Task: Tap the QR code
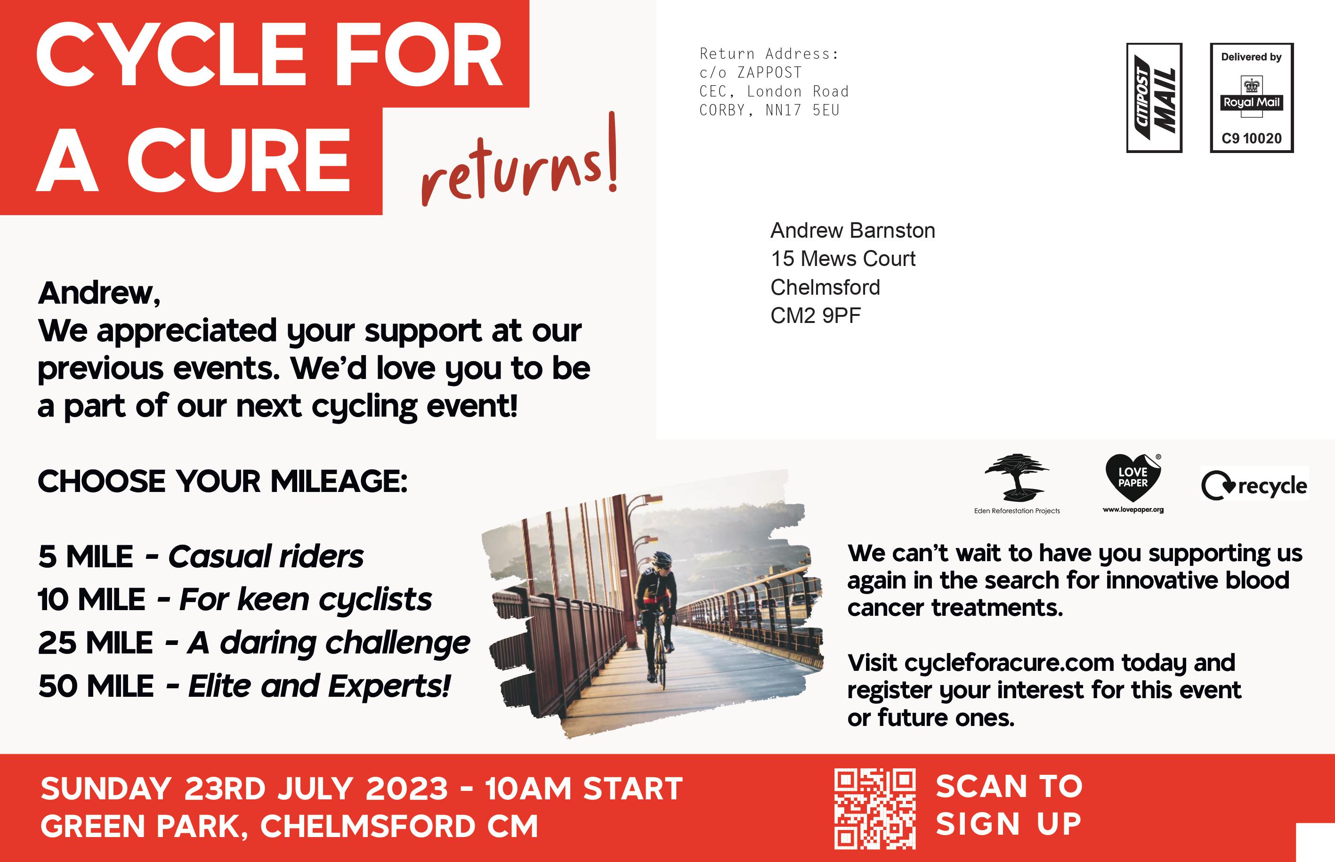(874, 809)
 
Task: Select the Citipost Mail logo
(1154, 97)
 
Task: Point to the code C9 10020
(1252, 138)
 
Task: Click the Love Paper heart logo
(1133, 478)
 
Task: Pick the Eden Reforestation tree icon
(1017, 477)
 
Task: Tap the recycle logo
(1254, 485)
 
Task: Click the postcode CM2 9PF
(816, 316)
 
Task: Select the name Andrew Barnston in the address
(852, 231)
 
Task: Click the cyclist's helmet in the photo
(663, 558)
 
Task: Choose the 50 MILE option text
(96, 686)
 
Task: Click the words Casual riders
(266, 556)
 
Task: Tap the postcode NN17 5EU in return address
(803, 110)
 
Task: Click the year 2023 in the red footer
(407, 789)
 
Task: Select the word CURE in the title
(238, 160)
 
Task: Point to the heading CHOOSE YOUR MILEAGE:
(223, 482)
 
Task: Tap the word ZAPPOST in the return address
(769, 73)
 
